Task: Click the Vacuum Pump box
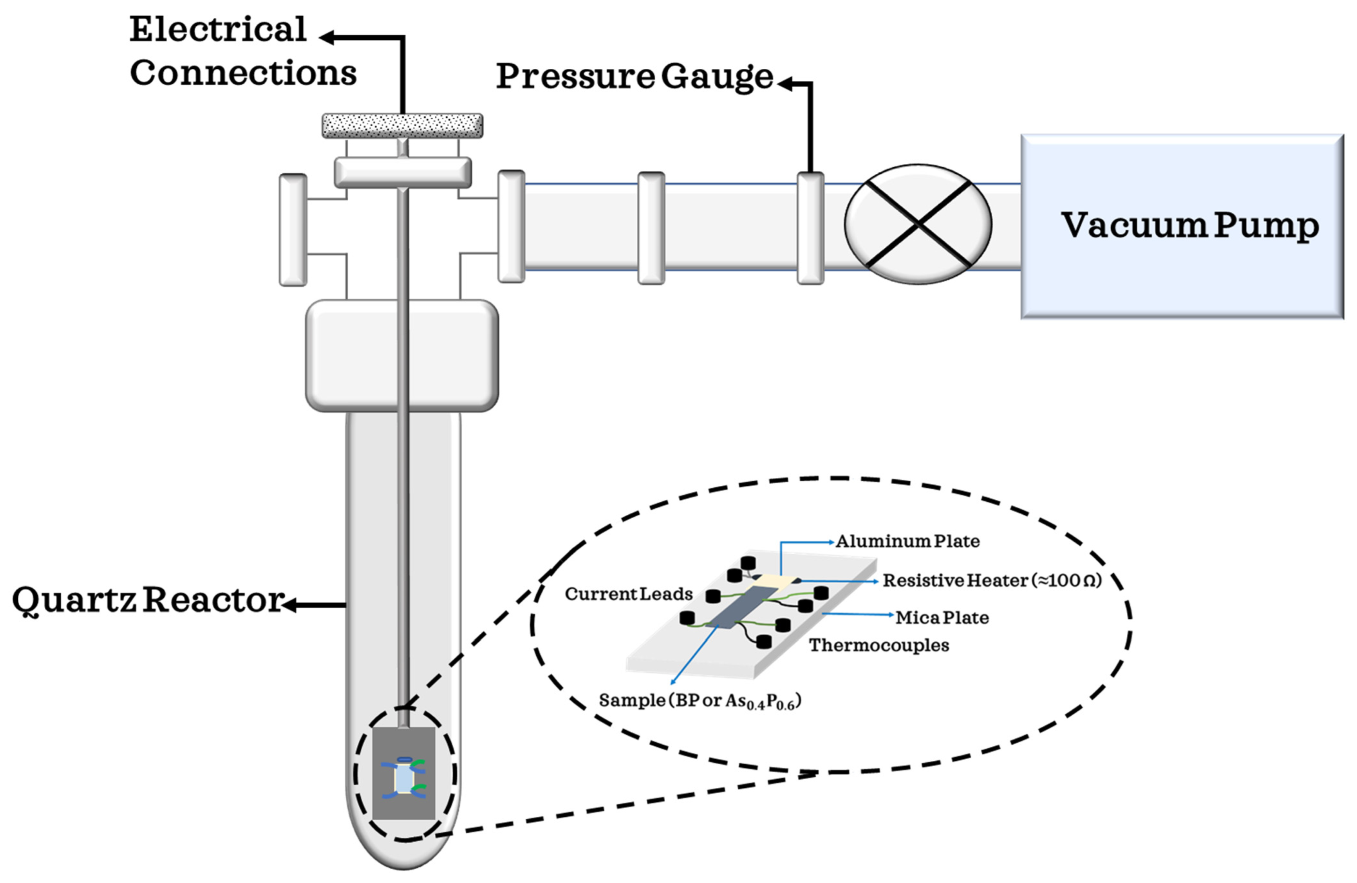(1182, 226)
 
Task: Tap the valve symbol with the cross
(918, 224)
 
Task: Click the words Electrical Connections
(243, 51)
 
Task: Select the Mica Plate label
(942, 617)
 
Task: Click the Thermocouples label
(879, 645)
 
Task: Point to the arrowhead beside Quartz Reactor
(290, 604)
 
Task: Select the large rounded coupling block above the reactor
(402, 355)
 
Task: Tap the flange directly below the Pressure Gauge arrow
(810, 228)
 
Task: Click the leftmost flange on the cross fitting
(293, 230)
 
